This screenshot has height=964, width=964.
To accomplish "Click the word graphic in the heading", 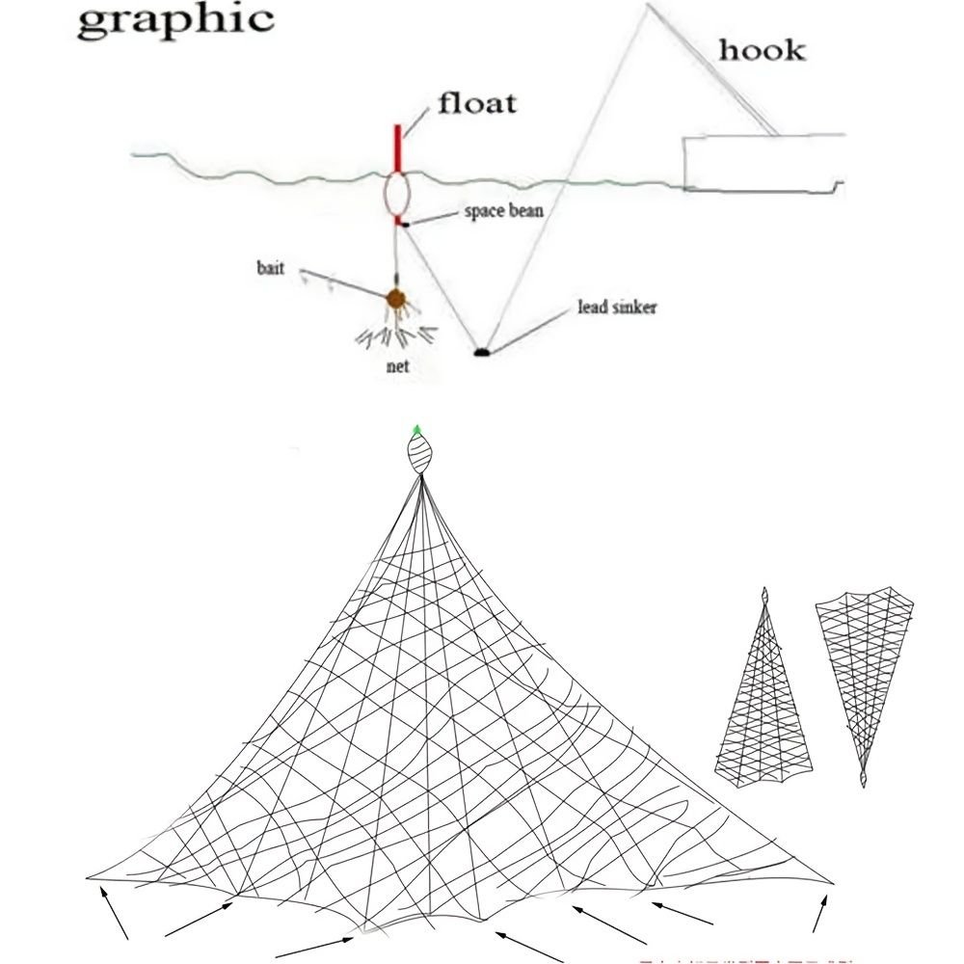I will tap(174, 20).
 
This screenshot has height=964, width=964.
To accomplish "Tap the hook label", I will tap(762, 49).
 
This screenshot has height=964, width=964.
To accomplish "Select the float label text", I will tap(477, 101).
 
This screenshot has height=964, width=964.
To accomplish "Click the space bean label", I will tap(497, 211).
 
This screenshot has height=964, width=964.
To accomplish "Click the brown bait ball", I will tap(396, 300).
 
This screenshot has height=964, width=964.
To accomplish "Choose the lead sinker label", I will tap(617, 308).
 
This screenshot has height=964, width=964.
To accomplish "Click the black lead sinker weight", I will tap(481, 353).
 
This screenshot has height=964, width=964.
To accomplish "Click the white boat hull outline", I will tap(762, 162).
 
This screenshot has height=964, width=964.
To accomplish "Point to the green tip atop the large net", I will tap(416, 429).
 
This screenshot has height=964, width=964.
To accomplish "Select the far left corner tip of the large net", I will tap(90, 878).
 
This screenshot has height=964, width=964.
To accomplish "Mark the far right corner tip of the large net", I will tap(832, 881).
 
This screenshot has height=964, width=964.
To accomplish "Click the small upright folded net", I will tap(764, 694).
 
